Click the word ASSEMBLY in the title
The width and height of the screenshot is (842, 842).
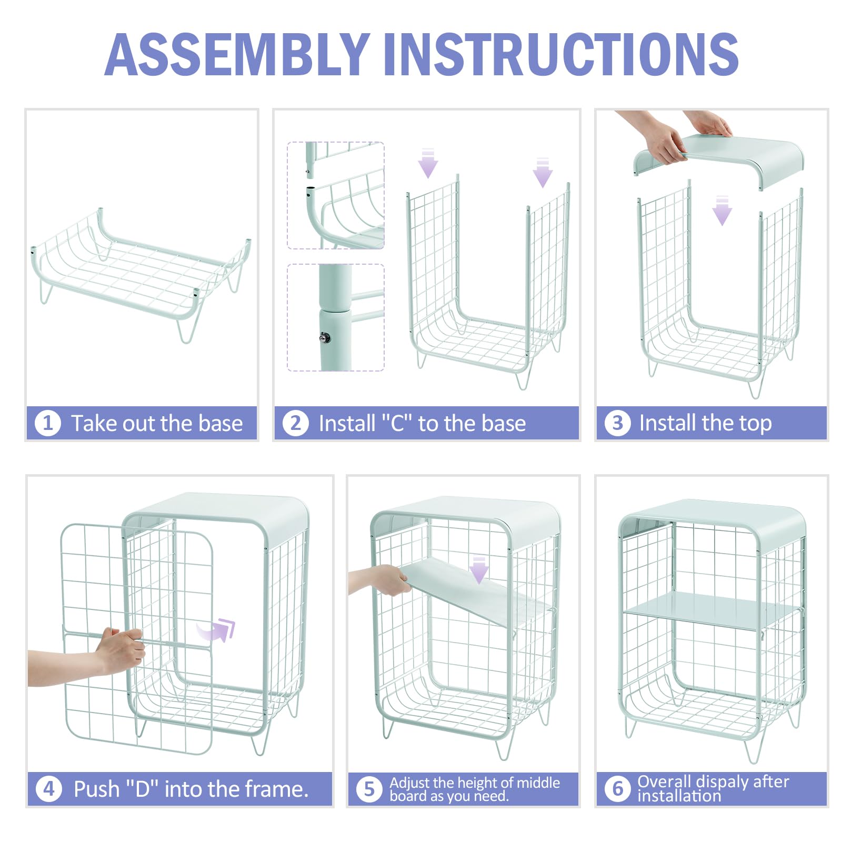[237, 54]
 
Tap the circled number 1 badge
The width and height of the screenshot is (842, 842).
[48, 423]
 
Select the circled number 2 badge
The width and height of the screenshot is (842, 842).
[296, 423]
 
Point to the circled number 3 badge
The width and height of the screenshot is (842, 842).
[617, 423]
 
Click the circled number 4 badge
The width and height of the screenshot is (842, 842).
[49, 789]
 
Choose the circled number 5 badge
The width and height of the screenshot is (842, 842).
[369, 789]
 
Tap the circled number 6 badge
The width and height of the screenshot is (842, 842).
[617, 789]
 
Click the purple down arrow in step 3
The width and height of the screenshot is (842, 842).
[722, 210]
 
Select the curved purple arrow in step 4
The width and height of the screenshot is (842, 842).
[217, 629]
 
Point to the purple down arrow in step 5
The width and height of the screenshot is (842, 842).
[479, 569]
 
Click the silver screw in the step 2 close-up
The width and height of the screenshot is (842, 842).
[326, 337]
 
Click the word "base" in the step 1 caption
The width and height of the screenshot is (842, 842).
[220, 423]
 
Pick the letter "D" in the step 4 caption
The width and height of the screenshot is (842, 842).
[143, 789]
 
